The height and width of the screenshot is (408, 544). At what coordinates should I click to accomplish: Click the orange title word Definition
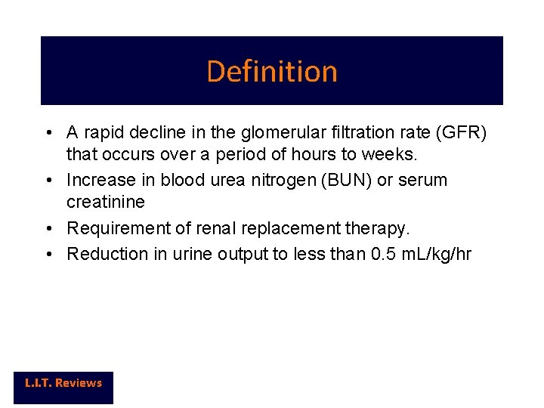[x=271, y=72]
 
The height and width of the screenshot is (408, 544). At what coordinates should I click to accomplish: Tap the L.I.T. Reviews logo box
[x=63, y=383]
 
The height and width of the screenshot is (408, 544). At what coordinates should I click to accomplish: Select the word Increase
[x=98, y=181]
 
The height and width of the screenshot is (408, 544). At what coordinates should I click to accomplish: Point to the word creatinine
[x=106, y=203]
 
